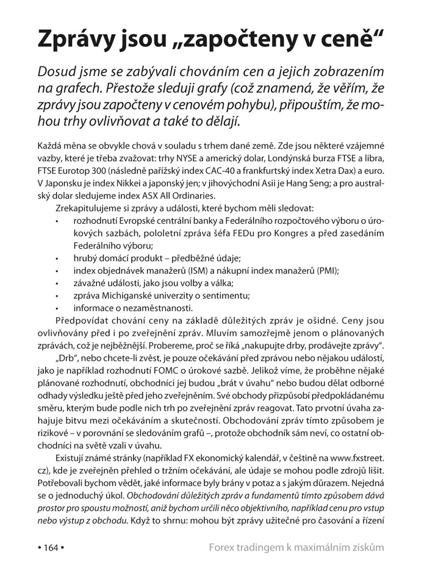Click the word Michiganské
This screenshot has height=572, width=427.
(131, 296)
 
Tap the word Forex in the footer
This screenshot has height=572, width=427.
(223, 547)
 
